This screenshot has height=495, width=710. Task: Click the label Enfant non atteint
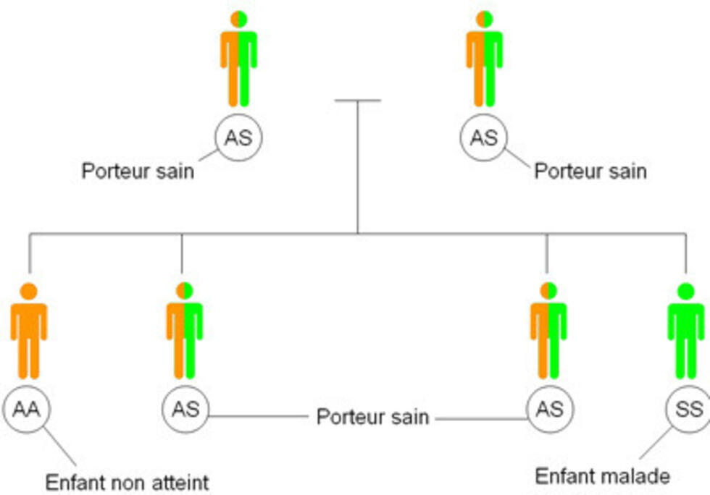(x=127, y=481)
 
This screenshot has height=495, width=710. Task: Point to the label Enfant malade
(x=602, y=476)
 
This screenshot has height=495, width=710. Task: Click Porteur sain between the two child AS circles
(x=372, y=418)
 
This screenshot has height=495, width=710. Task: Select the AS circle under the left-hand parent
(x=238, y=137)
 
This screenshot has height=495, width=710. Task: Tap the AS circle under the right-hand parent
(x=483, y=137)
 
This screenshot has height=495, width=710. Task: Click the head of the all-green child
(x=685, y=291)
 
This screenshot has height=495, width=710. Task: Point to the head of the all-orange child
(x=29, y=291)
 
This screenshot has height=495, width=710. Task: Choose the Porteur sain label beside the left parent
(x=138, y=172)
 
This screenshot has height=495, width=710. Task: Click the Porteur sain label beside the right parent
(x=590, y=172)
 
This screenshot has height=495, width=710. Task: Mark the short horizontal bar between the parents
(x=358, y=101)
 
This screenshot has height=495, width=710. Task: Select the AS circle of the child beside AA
(x=185, y=409)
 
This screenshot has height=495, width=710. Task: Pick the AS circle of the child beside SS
(x=550, y=409)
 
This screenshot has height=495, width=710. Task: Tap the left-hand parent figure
(x=238, y=62)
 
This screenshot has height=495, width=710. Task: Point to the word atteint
(x=177, y=481)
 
